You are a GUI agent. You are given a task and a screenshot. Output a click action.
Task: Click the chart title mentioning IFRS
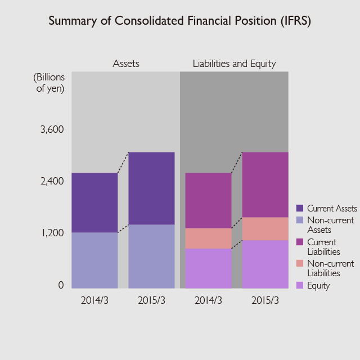(x=179, y=21)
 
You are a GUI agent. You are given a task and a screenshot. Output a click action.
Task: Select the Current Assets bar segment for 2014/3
(x=94, y=202)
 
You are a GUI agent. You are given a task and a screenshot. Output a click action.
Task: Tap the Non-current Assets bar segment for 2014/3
(x=94, y=260)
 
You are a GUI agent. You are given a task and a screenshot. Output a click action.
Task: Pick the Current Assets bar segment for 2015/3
(x=151, y=188)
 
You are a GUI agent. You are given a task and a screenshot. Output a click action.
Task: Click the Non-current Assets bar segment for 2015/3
(x=151, y=256)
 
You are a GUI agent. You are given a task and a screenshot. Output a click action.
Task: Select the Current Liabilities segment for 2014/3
(x=208, y=200)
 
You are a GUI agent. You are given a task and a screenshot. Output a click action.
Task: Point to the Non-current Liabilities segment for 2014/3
(x=208, y=238)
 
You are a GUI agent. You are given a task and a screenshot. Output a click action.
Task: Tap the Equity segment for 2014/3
(x=208, y=268)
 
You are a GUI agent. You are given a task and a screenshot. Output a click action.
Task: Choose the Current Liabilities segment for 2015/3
(x=265, y=184)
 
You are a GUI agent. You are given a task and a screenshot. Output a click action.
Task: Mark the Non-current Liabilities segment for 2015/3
(x=265, y=228)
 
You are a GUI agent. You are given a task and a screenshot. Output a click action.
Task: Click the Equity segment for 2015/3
(x=265, y=264)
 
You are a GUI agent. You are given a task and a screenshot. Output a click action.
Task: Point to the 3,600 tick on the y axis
(x=52, y=129)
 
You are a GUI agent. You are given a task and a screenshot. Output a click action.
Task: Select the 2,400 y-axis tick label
(x=52, y=181)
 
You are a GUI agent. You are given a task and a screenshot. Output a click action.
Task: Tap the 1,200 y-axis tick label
(x=52, y=233)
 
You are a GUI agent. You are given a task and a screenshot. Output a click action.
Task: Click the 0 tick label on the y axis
(x=61, y=285)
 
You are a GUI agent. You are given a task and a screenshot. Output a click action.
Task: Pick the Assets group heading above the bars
(x=126, y=64)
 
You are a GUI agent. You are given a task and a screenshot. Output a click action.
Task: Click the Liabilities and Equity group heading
(x=234, y=64)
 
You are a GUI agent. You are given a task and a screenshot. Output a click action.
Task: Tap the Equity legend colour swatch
(x=300, y=285)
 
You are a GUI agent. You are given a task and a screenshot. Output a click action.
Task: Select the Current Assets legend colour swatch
(x=300, y=208)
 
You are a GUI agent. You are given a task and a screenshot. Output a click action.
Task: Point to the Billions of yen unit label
(x=49, y=82)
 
